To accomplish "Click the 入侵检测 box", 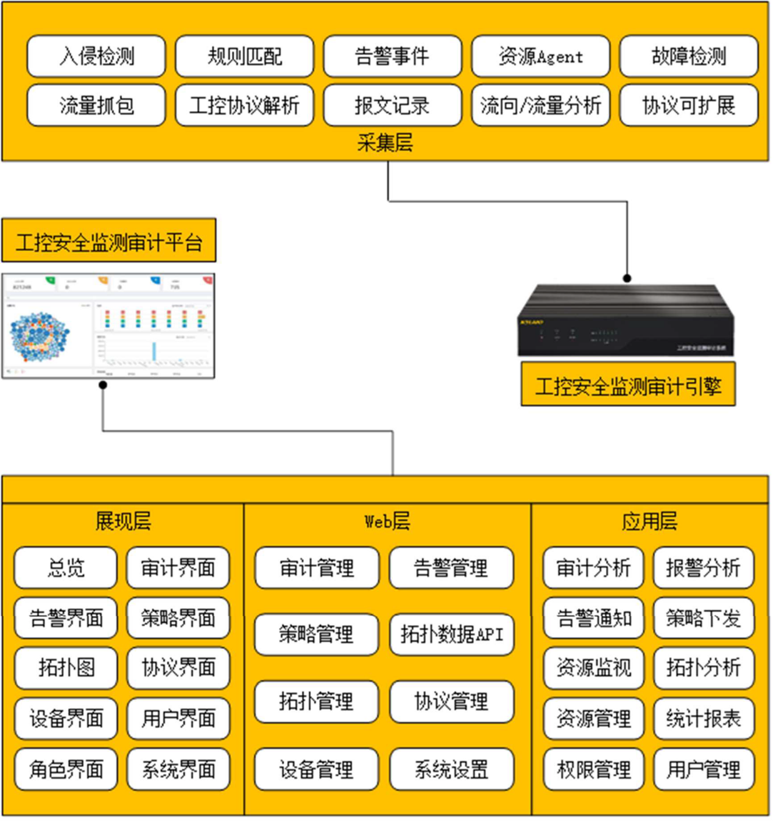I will pos(96,57).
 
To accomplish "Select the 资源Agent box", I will pos(540,57).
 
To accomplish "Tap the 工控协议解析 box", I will pos(244,106).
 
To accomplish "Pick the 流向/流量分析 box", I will pos(540,106).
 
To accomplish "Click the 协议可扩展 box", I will pos(688,106).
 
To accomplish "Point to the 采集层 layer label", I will pos(385,143).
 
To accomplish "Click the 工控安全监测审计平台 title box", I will pos(108,242).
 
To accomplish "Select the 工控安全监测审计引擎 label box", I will pos(628,385).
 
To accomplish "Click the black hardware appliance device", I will pos(626,321).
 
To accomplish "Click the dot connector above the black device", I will pos(627,278).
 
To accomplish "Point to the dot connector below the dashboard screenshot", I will pos(103,385).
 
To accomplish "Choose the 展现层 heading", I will pos(123,522).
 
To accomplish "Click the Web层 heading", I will pos(387,522).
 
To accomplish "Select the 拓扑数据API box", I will pos(451,635).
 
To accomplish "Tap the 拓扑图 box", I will pos(66,668).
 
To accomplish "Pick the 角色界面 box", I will pos(66,769).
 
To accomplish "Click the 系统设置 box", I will pos(451,769).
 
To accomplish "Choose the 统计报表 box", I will pos(704,719).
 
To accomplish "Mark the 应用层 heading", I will pos(649,522).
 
